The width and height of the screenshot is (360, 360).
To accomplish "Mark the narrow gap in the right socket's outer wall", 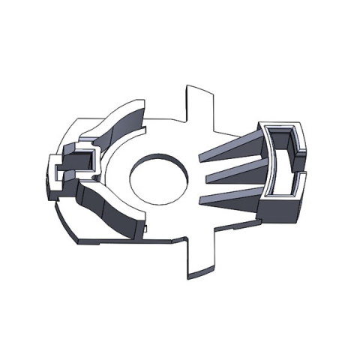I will [x=304, y=173].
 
